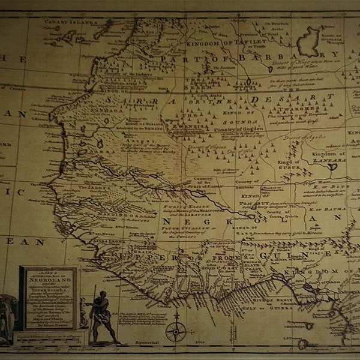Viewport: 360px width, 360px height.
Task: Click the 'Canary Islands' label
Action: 70,22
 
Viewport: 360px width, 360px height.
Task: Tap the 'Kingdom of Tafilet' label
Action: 217,41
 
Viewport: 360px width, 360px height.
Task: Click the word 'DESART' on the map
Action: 275,97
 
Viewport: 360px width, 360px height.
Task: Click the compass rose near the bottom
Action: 175,329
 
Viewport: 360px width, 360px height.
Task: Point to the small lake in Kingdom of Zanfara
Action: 332,166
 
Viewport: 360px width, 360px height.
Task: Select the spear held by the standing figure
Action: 94,306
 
